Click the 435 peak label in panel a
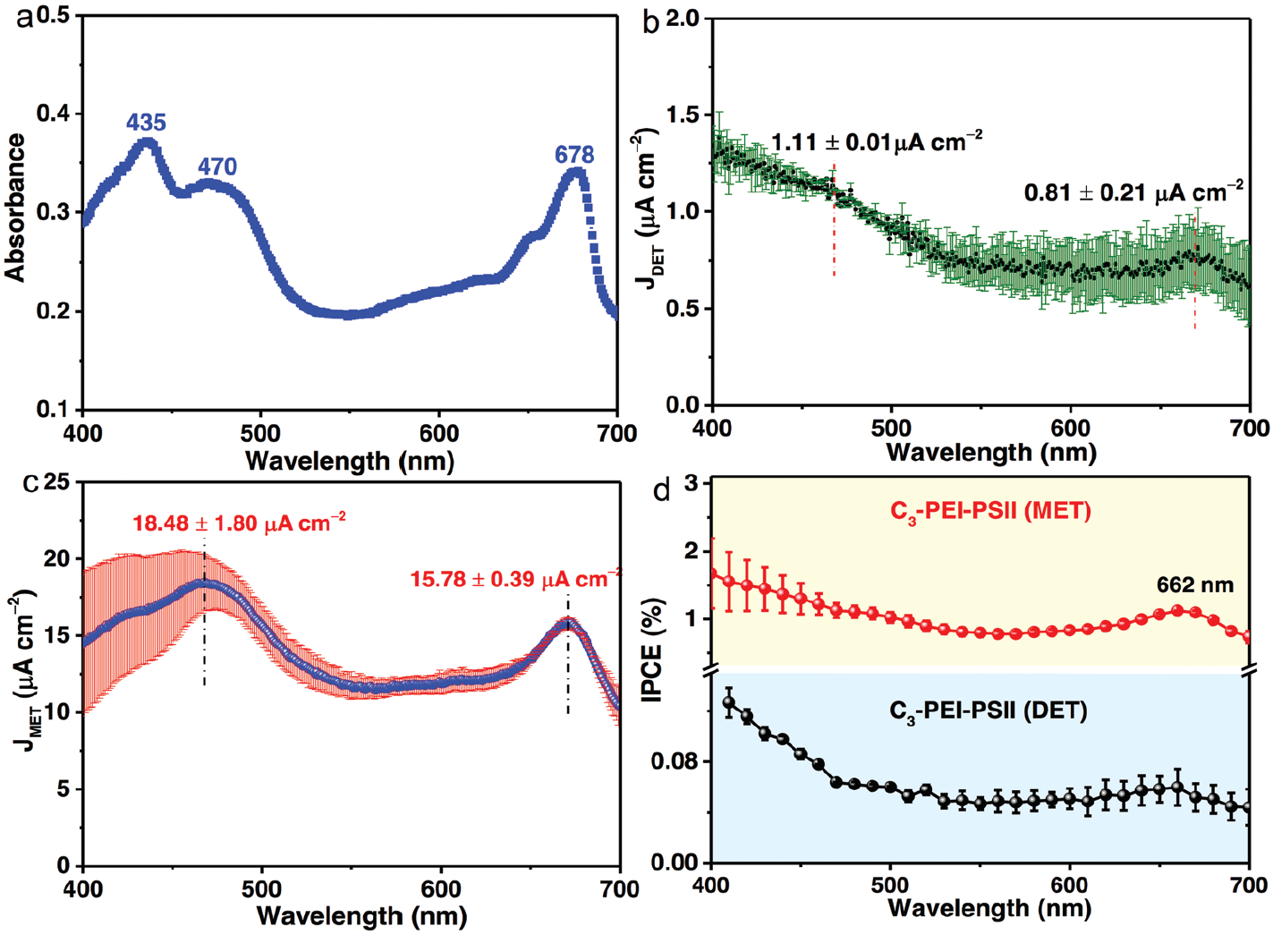146,123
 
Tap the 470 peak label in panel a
217,166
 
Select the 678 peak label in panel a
574,155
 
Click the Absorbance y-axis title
15,208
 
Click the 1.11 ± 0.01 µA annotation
877,141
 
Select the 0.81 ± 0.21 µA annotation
1133,191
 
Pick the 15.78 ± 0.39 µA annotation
514,579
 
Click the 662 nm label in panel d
1194,585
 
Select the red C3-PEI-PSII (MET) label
989,512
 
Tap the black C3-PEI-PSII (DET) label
988,711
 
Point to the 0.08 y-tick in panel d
677,761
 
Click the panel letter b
650,22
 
